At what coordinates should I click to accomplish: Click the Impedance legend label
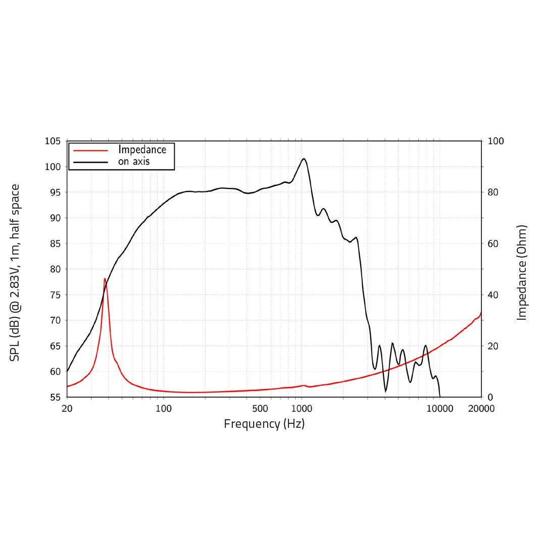tap(142, 150)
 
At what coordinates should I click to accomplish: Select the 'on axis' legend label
tap(134, 162)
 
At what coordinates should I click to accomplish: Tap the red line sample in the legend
tap(91, 150)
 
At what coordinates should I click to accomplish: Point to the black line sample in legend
tap(91, 162)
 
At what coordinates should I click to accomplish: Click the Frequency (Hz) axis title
tap(264, 424)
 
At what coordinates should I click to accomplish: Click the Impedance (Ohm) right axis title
tap(522, 273)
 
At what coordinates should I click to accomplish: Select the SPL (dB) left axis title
tap(15, 273)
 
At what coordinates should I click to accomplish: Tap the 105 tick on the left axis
tap(53, 141)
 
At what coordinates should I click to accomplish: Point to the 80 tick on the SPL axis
tap(55, 269)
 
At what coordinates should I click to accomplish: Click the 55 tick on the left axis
tap(55, 397)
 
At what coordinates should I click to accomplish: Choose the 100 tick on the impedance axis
tap(496, 141)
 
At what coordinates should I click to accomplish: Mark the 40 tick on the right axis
tap(493, 294)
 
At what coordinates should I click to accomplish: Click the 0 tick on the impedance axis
tap(490, 397)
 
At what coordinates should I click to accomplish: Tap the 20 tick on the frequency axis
tap(67, 408)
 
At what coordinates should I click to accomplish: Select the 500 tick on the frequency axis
tap(260, 408)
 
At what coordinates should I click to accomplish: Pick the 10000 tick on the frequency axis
tap(439, 408)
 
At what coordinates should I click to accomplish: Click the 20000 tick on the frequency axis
tap(481, 408)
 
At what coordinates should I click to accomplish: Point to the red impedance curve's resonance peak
tap(105, 278)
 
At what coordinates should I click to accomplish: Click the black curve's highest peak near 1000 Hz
tap(304, 159)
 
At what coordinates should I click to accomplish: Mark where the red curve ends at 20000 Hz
tap(481, 313)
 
